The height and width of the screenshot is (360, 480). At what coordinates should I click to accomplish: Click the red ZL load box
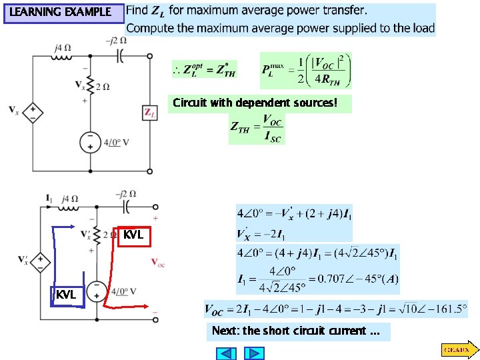point(149,113)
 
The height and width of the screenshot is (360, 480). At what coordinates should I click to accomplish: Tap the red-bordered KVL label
point(133,235)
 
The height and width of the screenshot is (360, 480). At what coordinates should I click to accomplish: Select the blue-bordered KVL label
point(66,295)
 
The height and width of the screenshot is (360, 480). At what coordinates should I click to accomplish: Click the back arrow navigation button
point(222,353)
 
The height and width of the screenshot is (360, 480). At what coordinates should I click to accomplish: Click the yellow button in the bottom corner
point(458,349)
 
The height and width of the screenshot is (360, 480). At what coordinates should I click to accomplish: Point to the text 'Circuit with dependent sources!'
point(259,103)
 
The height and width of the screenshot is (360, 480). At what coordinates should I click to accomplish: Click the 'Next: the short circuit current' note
point(298,331)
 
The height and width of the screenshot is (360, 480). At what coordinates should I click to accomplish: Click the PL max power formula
point(307,70)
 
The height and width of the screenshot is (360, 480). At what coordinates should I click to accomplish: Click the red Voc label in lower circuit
point(159,262)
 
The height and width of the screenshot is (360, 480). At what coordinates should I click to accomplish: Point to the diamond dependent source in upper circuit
point(32,111)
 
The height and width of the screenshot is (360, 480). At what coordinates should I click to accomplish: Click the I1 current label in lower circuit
point(49,198)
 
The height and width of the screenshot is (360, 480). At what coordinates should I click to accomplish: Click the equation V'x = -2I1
point(262,235)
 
